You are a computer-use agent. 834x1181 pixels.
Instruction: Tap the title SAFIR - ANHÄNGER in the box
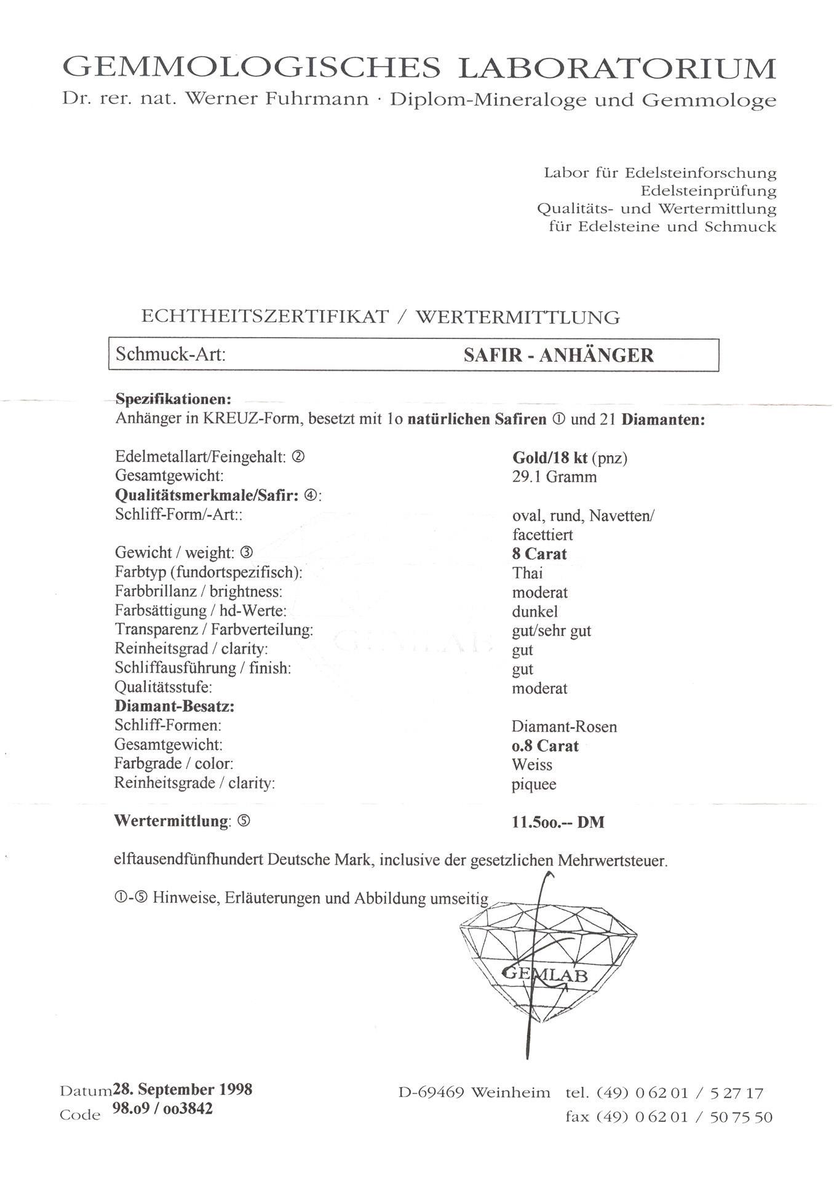tap(558, 355)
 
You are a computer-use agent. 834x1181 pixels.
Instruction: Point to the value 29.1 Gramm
tap(554, 477)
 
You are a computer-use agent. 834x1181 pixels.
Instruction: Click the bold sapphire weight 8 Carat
tap(539, 554)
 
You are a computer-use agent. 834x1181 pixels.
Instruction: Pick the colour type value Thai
tap(527, 573)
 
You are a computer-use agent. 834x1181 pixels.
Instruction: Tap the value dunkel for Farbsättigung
tap(534, 612)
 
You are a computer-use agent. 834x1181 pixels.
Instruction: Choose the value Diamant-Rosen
tap(564, 726)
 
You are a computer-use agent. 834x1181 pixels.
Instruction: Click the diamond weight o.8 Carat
tap(545, 746)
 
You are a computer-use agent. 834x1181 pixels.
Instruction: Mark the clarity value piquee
tap(534, 784)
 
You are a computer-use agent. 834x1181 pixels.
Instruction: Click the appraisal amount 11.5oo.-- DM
tap(558, 822)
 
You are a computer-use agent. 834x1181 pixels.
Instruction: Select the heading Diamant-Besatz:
tap(175, 707)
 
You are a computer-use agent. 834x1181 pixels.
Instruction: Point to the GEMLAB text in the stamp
tap(545, 974)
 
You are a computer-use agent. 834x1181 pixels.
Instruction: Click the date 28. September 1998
tap(182, 1089)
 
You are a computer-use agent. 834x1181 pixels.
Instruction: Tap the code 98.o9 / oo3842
tap(162, 1109)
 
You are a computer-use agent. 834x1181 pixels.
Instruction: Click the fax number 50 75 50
tap(741, 1117)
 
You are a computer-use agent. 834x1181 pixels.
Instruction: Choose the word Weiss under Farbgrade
tap(532, 765)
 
